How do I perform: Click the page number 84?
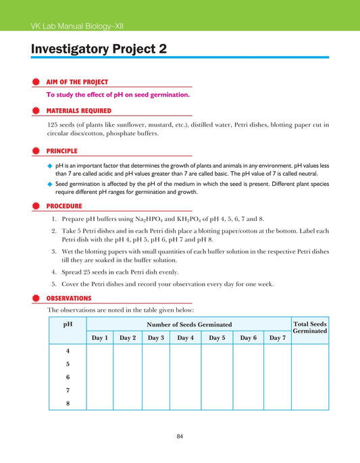point(180,436)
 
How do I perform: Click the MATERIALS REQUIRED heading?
point(79,110)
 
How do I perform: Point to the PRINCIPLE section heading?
point(61,151)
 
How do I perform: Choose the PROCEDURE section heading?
point(64,205)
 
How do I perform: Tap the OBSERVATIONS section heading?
point(69,297)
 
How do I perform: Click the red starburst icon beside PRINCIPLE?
point(36,151)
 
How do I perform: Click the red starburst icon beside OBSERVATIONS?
point(36,297)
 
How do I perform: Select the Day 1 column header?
point(99,337)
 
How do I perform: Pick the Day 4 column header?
point(184,337)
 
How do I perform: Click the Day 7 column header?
point(277,337)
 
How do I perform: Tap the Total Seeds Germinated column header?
point(310,328)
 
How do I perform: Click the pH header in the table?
point(68,324)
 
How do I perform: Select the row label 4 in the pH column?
point(68,351)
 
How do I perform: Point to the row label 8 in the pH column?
point(68,403)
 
